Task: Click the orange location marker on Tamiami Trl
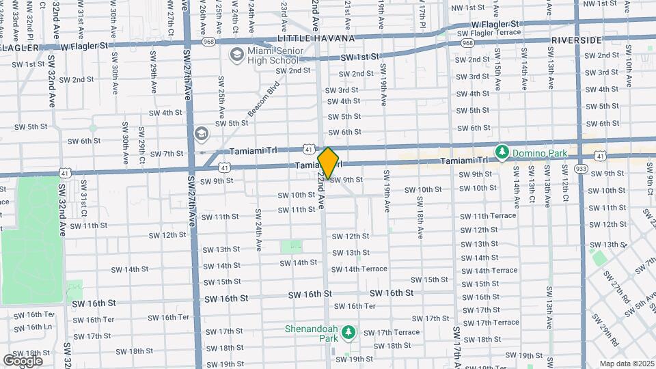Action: [x=329, y=163]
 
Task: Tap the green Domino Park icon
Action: [x=502, y=150]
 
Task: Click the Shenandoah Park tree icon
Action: [x=348, y=331]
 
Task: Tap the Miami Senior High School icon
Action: [x=237, y=54]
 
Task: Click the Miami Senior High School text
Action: [x=273, y=55]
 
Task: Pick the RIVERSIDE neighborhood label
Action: [x=576, y=40]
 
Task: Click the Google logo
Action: [x=23, y=360]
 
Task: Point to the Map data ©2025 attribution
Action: [x=626, y=364]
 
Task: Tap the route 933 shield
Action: [x=582, y=168]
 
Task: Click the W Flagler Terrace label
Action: [x=489, y=32]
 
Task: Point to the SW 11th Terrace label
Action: [x=488, y=216]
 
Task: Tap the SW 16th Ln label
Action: [x=33, y=327]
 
